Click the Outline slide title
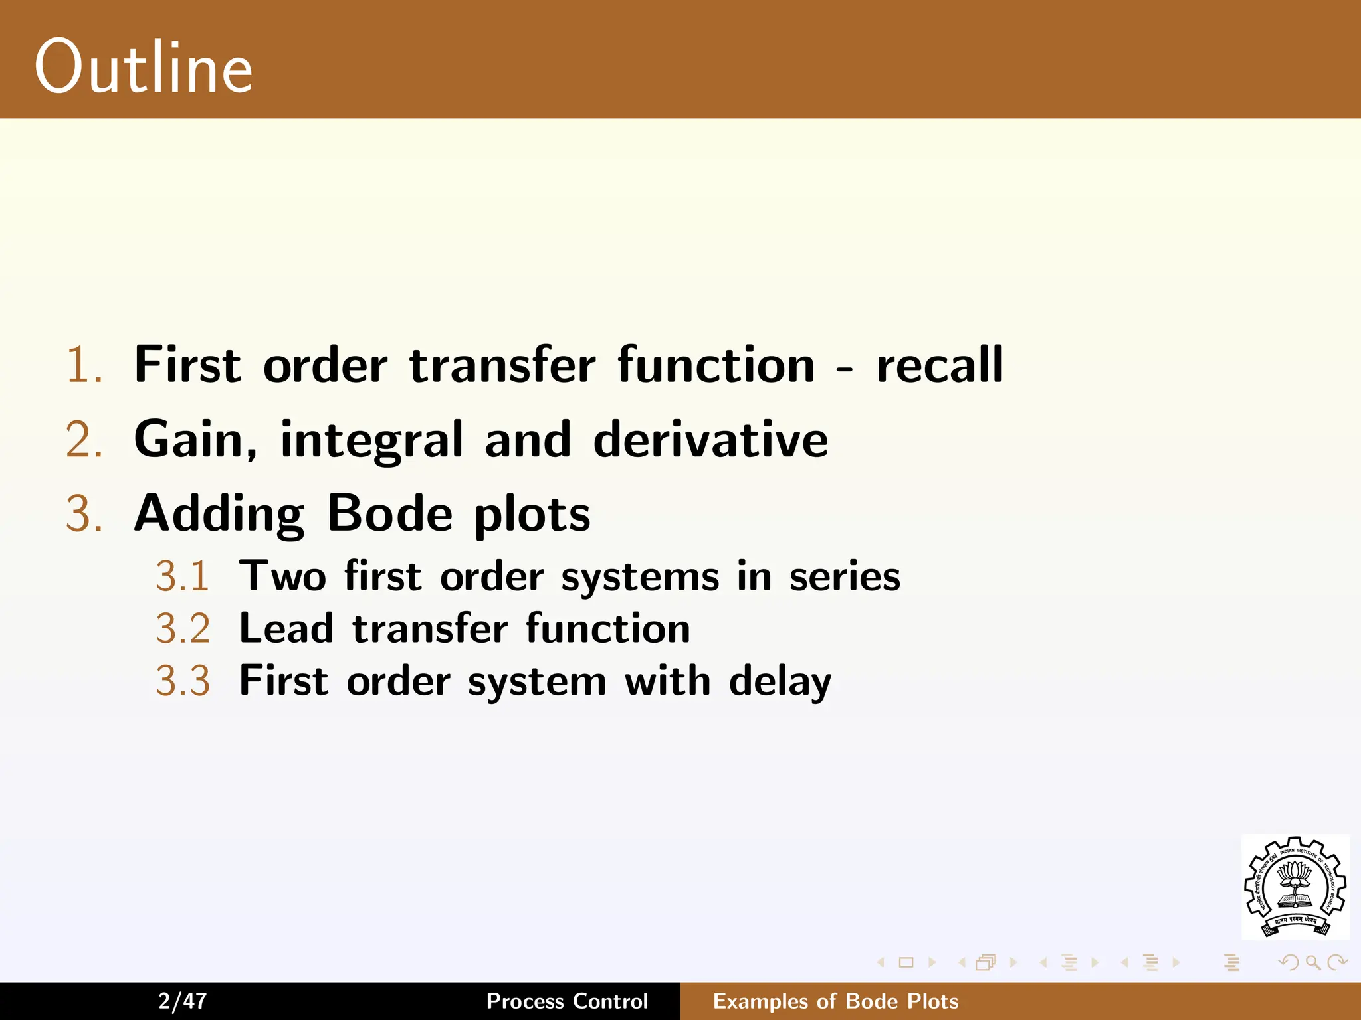pyautogui.click(x=144, y=67)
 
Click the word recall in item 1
pyautogui.click(x=940, y=365)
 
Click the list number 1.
pyautogui.click(x=84, y=365)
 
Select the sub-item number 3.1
pyautogui.click(x=183, y=576)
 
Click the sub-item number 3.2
pyautogui.click(x=183, y=628)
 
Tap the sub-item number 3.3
pyautogui.click(x=183, y=681)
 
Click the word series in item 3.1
pyautogui.click(x=845, y=576)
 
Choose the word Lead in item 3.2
pyautogui.click(x=286, y=628)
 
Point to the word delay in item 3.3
pyautogui.click(x=780, y=682)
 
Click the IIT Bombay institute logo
pyautogui.click(x=1295, y=887)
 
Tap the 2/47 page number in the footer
pyautogui.click(x=183, y=1001)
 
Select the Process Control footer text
pyautogui.click(x=567, y=1001)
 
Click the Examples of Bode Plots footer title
pyautogui.click(x=835, y=1001)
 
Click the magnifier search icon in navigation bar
pyautogui.click(x=1312, y=962)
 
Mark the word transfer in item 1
pyautogui.click(x=502, y=365)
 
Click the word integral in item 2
pyautogui.click(x=371, y=440)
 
